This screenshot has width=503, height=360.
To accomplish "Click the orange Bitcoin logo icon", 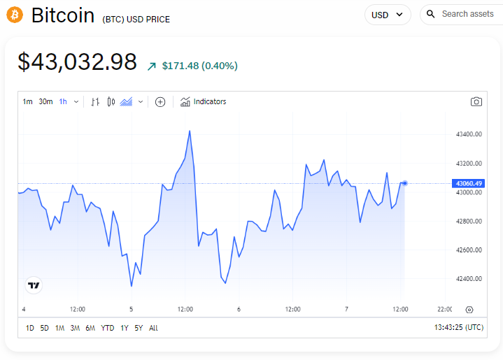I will (x=15, y=15).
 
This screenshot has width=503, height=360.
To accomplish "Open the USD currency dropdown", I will (x=388, y=15).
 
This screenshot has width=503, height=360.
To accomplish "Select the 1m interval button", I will (x=27, y=101).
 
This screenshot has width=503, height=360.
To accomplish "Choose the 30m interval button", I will (x=45, y=101).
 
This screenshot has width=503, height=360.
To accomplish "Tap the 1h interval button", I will (x=63, y=101).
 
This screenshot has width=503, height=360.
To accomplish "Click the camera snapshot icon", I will (x=476, y=101).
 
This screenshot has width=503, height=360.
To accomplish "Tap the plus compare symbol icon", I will (x=160, y=102).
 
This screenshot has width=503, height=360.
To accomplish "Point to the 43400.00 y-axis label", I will (x=469, y=134).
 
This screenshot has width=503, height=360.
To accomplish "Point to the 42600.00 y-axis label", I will (x=469, y=250).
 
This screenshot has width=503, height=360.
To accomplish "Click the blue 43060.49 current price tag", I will (x=469, y=183).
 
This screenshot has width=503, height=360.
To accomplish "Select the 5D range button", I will (x=45, y=328).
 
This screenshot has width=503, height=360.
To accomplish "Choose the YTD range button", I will (x=107, y=328).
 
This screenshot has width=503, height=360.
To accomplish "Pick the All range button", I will (x=153, y=328).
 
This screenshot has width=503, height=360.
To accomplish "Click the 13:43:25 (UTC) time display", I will (x=459, y=328).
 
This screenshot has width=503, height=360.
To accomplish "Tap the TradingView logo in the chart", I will (x=34, y=285).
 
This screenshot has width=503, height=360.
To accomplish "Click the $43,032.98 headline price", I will (x=77, y=62).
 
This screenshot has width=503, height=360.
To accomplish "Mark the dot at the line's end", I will (x=405, y=183).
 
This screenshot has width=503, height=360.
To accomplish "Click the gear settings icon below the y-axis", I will (x=469, y=310).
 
